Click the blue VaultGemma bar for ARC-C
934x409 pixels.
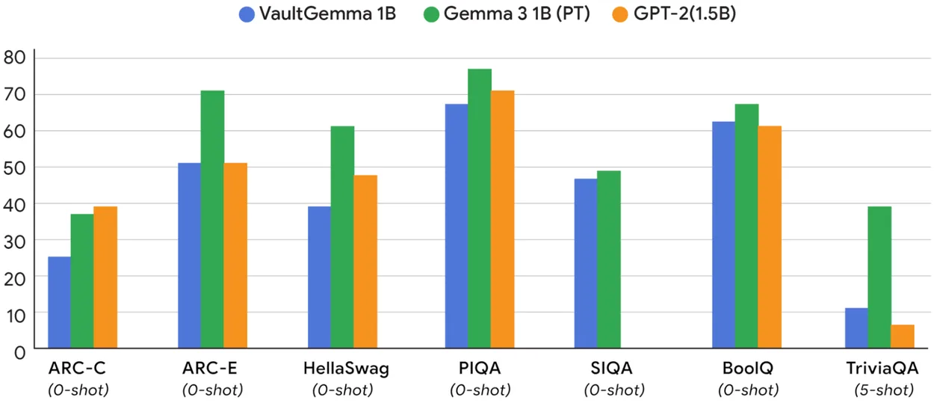coord(59,302)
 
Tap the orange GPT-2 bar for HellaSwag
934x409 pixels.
coord(365,262)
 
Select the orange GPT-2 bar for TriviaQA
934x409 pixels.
coord(903,336)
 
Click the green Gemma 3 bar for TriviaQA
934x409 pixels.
coord(879,277)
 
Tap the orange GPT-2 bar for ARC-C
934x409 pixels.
coord(105,277)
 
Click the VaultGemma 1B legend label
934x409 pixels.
coord(327,13)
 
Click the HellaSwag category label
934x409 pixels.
coord(346,369)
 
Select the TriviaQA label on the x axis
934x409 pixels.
coord(883,369)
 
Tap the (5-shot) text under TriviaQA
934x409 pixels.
coord(883,390)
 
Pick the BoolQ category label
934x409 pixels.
coord(747,369)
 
